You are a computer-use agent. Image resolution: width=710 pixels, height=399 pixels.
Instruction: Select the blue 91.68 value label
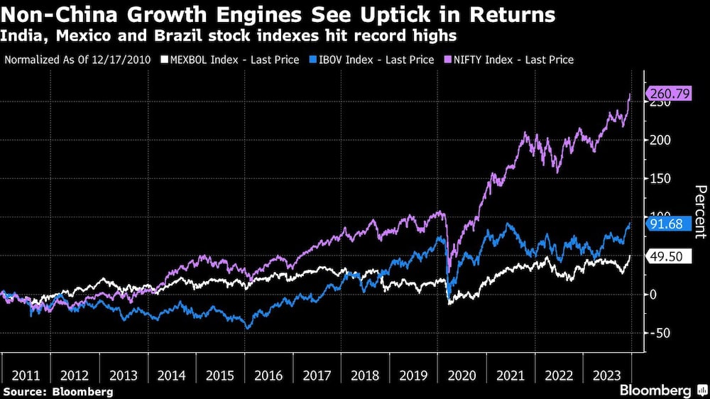pyautogui.click(x=672, y=224)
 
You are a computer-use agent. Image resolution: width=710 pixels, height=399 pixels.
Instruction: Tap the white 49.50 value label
pyautogui.click(x=672, y=256)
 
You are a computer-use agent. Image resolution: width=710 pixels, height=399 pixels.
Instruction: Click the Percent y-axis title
pyautogui.click(x=700, y=211)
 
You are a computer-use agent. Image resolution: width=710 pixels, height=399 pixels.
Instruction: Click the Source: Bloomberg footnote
pyautogui.click(x=58, y=391)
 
